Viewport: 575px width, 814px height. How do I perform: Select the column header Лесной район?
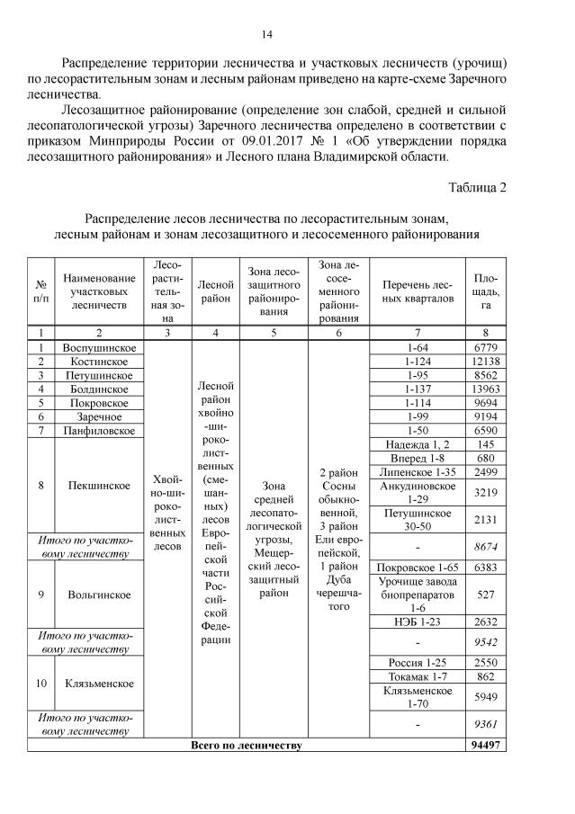[x=215, y=290]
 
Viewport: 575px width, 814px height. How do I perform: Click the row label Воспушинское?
[x=99, y=347]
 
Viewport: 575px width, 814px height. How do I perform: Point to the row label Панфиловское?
[x=99, y=431]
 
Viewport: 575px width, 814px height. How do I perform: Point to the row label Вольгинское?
[x=99, y=595]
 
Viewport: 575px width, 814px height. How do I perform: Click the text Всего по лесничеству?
[x=246, y=745]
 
